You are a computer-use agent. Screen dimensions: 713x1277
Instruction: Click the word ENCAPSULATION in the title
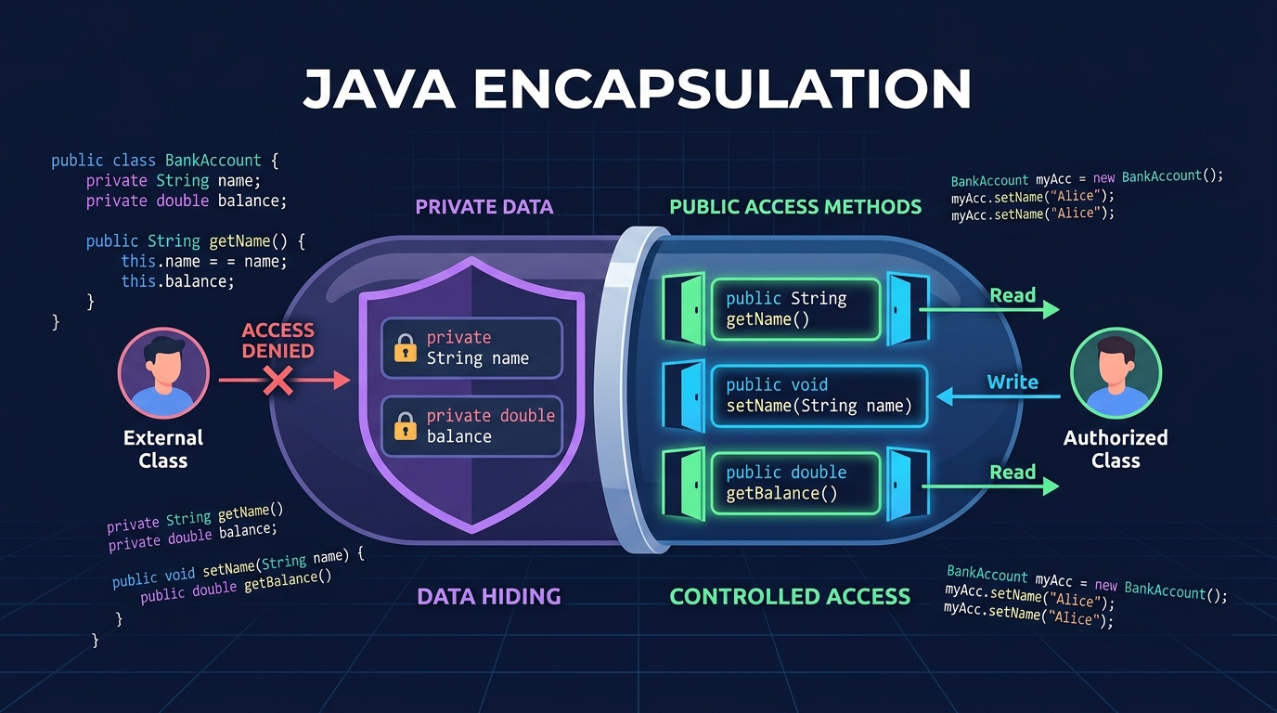[x=722, y=90]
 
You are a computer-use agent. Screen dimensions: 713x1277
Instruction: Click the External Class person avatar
[x=162, y=374]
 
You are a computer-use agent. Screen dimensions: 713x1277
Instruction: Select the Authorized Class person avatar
[x=1115, y=374]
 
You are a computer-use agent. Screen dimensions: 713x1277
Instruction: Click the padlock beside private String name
[x=406, y=349]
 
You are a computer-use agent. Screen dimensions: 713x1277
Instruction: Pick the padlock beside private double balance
[x=406, y=426]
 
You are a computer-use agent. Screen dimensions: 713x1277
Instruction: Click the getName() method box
[x=794, y=309]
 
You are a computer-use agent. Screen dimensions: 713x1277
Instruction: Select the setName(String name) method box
[x=819, y=395]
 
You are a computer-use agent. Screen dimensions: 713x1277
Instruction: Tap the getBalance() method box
[x=794, y=483]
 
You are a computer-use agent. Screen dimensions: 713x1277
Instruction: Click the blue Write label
[x=1012, y=382]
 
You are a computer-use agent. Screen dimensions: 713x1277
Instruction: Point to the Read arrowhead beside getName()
[x=1050, y=309]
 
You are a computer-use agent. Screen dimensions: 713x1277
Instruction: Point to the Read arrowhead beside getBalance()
[x=1050, y=486]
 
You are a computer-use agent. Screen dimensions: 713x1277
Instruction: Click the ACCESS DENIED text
[x=278, y=340]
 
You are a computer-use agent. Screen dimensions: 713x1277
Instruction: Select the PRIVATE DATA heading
[x=484, y=206]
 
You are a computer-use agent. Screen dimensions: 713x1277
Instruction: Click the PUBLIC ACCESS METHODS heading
[x=795, y=206]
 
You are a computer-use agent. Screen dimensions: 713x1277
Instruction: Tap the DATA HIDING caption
[x=489, y=596]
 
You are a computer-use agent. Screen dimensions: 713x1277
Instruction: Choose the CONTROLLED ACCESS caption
[x=790, y=596]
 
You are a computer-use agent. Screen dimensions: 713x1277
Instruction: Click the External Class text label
[x=162, y=448]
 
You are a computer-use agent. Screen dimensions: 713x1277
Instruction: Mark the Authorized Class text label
[x=1115, y=448]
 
